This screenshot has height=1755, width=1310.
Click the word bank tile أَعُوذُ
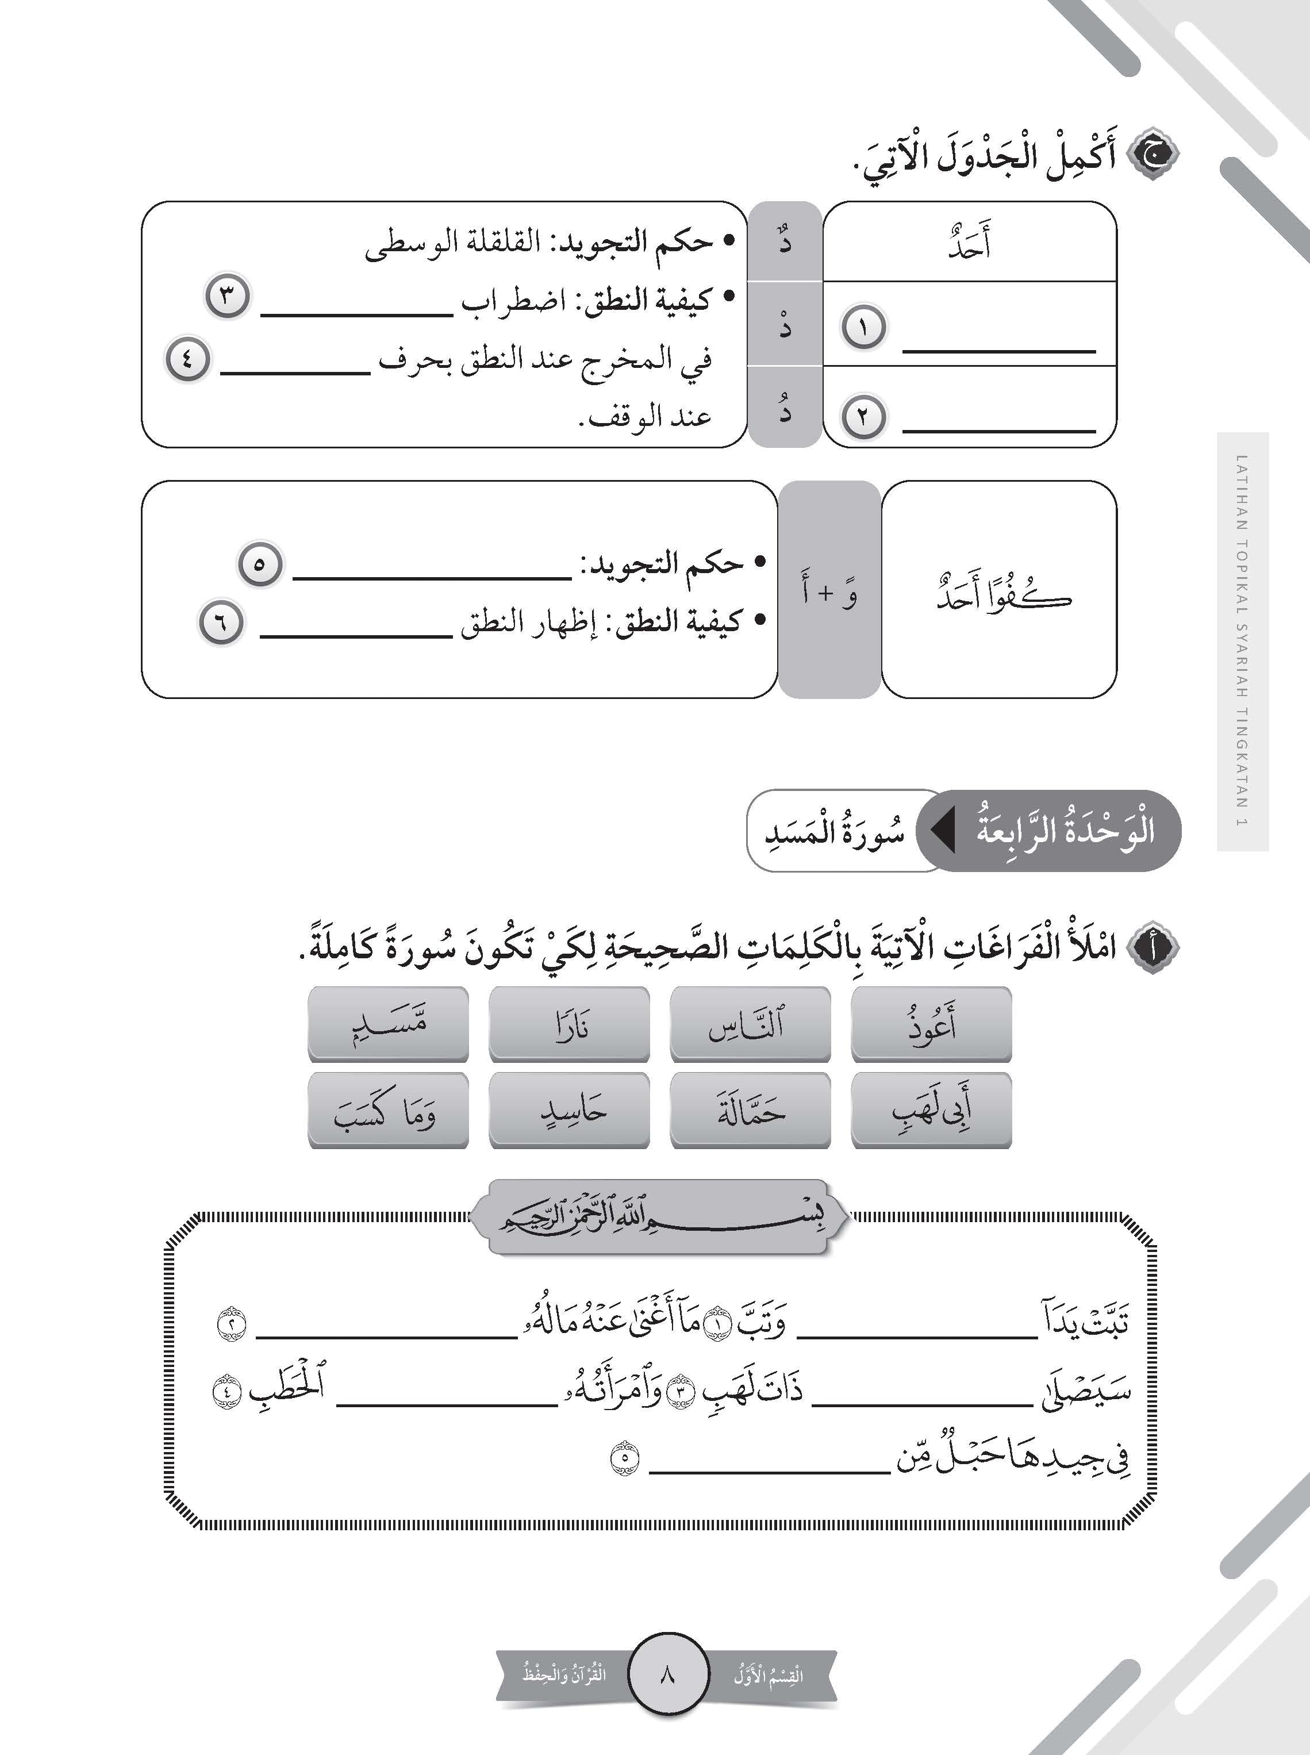[931, 1024]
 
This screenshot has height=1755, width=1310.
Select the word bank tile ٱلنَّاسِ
[750, 1024]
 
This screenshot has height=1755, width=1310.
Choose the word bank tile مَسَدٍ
[388, 1024]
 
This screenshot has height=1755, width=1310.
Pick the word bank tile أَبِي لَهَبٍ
[931, 1110]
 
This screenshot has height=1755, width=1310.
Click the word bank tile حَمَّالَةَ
[750, 1110]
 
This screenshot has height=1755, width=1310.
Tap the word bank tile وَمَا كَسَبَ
[388, 1110]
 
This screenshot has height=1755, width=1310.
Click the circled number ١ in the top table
[863, 328]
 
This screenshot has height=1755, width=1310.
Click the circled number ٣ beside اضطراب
[228, 297]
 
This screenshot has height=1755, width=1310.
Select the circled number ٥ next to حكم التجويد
[260, 564]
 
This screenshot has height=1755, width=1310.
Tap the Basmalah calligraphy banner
[658, 1216]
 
